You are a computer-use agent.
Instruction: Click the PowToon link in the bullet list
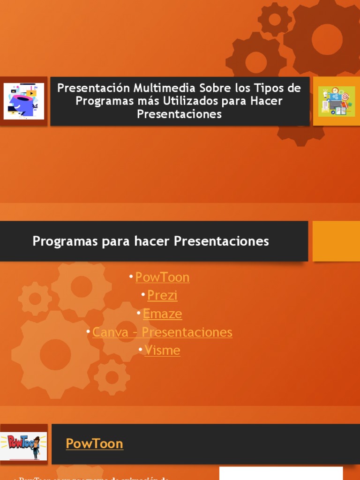(162, 277)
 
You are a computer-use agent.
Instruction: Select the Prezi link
(162, 295)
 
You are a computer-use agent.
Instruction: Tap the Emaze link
(162, 314)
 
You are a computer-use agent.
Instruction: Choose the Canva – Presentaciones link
(162, 332)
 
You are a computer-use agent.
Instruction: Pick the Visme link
(162, 350)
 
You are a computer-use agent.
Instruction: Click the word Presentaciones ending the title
(179, 114)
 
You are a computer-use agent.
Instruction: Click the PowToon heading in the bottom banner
(94, 443)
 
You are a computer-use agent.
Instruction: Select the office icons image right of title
(337, 101)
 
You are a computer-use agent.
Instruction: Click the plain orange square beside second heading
(336, 241)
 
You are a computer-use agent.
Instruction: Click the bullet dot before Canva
(89, 331)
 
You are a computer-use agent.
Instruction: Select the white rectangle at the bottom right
(281, 473)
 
